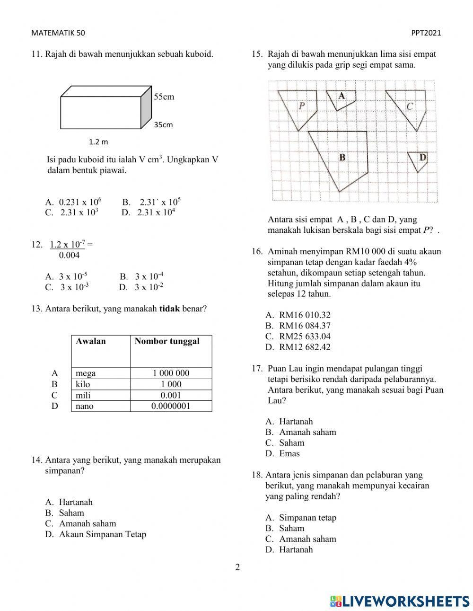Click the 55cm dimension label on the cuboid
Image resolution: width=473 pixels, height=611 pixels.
coord(164,97)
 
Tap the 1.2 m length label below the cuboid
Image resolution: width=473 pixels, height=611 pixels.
coord(98,142)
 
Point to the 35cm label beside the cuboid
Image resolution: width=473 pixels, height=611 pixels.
coord(163,125)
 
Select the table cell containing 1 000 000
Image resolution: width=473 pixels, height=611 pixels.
coord(171,373)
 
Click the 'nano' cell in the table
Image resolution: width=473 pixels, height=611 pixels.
coord(85,406)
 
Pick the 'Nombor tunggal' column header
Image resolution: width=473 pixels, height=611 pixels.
coord(167,341)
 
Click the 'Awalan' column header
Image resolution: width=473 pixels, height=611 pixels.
coord(91,341)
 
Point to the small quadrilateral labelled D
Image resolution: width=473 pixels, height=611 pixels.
coord(418,160)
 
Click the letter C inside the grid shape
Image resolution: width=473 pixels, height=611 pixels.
coord(410,107)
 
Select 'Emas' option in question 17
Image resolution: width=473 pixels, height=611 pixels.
coord(289,453)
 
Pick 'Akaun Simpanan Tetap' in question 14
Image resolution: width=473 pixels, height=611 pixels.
coord(102,534)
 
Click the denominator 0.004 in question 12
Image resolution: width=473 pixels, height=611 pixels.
coord(70,256)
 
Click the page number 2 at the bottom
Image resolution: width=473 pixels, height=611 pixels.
coord(237,567)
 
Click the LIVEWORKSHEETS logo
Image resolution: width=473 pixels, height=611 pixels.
coord(400,601)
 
